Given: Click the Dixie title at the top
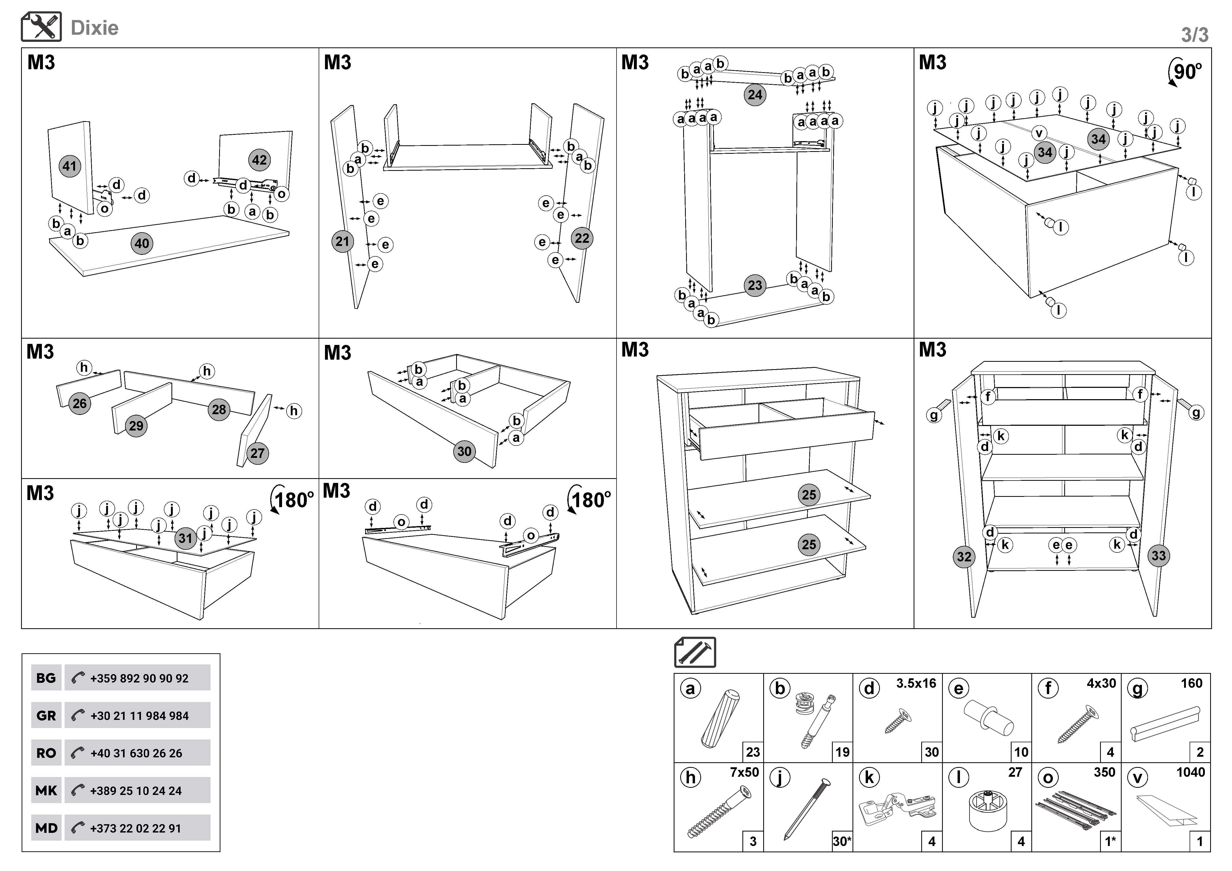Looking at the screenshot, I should tap(95, 28).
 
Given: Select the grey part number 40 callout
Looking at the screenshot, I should tap(142, 244).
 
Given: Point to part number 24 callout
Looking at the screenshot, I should tap(755, 95).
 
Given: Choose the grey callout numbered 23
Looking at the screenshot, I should tap(755, 285).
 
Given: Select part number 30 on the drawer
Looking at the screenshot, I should tap(464, 451).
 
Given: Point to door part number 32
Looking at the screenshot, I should tap(964, 556).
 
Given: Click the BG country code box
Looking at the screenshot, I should tap(46, 678).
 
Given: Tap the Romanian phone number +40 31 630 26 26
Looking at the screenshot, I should tap(136, 753).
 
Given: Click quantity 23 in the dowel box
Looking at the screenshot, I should tap(753, 752).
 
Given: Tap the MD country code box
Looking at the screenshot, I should tap(46, 828).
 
